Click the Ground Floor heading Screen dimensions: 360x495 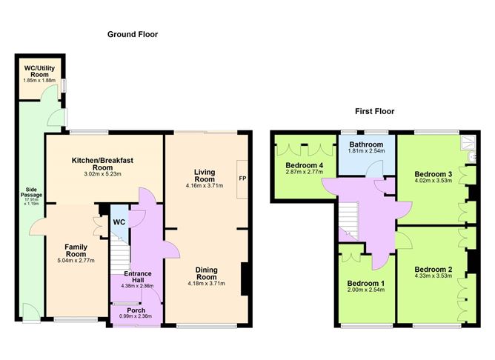(x=133, y=34)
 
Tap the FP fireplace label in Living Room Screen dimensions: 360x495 (x=242, y=179)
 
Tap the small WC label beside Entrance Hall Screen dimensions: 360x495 (x=119, y=221)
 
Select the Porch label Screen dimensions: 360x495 (x=136, y=310)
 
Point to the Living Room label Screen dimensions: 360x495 (x=205, y=175)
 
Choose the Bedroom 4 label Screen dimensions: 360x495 (x=304, y=164)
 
